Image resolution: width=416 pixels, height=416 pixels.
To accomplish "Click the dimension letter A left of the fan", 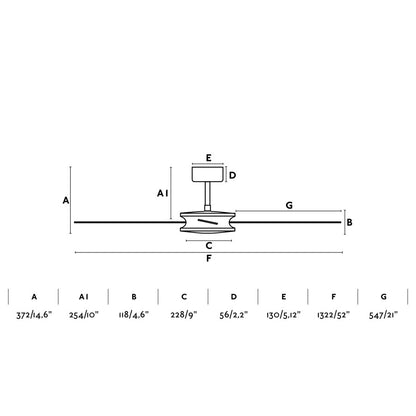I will click(66, 200).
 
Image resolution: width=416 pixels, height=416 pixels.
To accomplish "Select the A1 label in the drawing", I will click(162, 192).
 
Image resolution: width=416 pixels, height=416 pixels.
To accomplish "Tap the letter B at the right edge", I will click(350, 223).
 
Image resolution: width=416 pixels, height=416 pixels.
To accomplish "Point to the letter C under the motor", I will click(207, 245).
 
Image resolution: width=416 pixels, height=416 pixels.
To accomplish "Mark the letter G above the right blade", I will click(288, 204).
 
